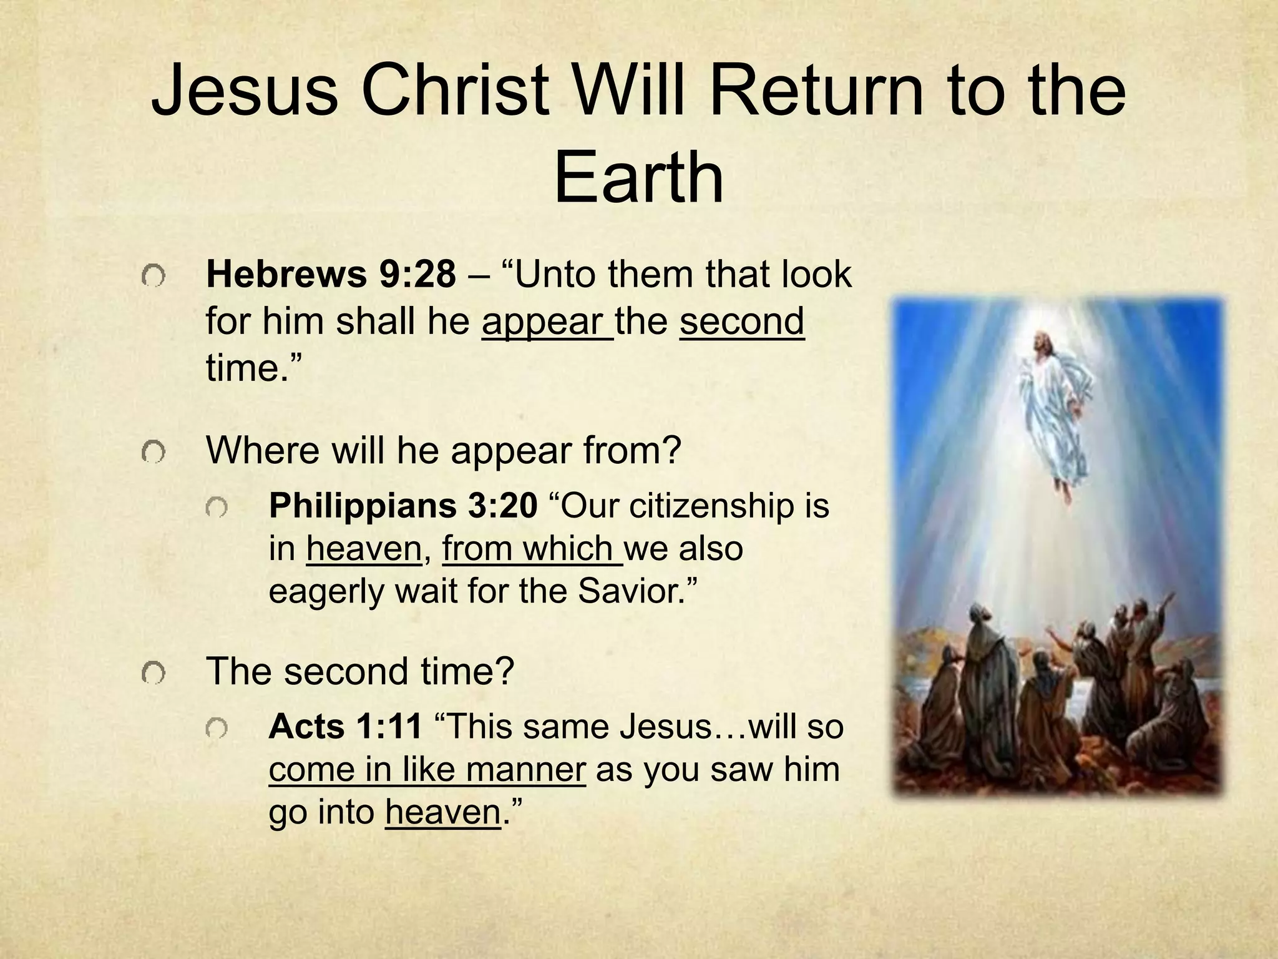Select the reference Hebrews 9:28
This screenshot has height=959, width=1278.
coord(331,274)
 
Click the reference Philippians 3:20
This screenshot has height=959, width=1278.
coord(402,506)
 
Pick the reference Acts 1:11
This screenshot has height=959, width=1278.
coord(345,727)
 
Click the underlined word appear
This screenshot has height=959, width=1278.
coord(547,322)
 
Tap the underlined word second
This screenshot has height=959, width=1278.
coord(742,322)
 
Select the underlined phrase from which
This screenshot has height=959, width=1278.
coord(532,549)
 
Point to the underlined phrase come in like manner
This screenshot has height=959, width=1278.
coord(427,770)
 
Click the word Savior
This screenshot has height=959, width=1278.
coord(631,591)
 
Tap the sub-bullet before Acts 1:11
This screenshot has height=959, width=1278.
coord(217,728)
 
